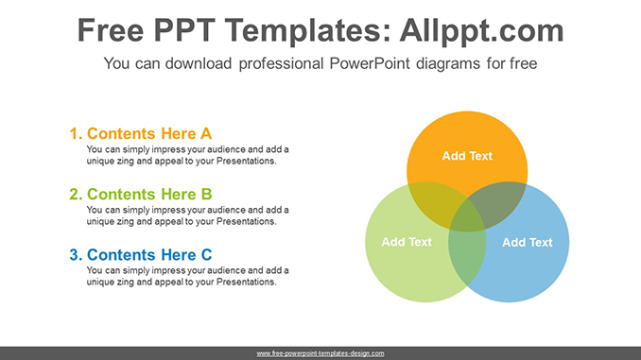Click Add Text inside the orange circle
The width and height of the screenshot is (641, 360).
pyautogui.click(x=467, y=156)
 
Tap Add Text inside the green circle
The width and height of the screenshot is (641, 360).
pyautogui.click(x=406, y=242)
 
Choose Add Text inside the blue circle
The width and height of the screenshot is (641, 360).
pyautogui.click(x=527, y=242)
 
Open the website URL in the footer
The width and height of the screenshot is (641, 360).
pyautogui.click(x=320, y=352)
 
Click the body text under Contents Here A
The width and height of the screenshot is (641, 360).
pyautogui.click(x=187, y=155)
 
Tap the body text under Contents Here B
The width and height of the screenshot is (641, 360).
pyautogui.click(x=187, y=215)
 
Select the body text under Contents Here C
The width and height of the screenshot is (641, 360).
pyautogui.click(x=187, y=276)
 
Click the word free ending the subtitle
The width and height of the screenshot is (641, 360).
pyautogui.click(x=522, y=64)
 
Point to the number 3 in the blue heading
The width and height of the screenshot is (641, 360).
pyautogui.click(x=74, y=254)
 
